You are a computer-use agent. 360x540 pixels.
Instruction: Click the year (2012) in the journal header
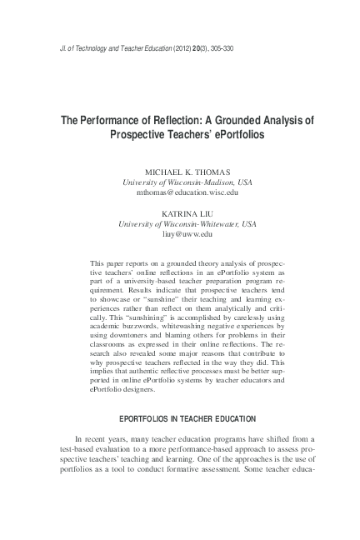(x=185, y=48)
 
